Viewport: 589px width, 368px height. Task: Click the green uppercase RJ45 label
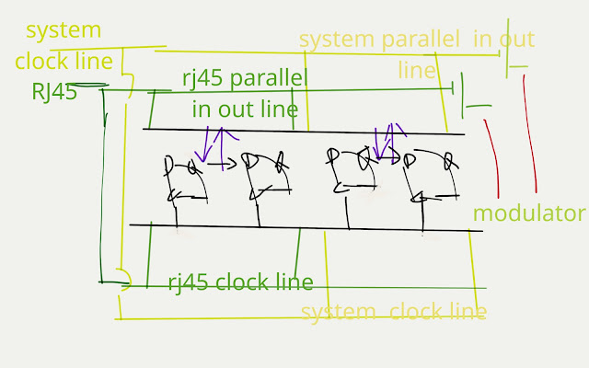pos(53,92)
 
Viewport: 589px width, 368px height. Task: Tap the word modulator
pos(528,213)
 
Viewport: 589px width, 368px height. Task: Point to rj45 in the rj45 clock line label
pos(189,282)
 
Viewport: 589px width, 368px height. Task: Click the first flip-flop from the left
pos(184,179)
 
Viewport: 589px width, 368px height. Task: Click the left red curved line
pos(491,156)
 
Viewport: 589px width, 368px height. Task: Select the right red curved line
pos(529,129)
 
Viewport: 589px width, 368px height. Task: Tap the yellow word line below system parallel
pos(417,70)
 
